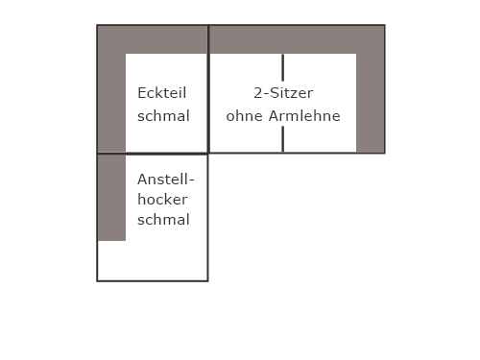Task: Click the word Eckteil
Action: [x=162, y=93]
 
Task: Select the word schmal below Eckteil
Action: [x=163, y=116]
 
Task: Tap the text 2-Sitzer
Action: [x=283, y=93]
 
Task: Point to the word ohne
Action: [x=245, y=116]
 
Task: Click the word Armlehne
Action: [x=304, y=116]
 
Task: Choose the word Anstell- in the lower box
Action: [x=166, y=180]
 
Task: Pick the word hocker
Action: [x=162, y=200]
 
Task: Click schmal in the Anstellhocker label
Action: [x=163, y=220]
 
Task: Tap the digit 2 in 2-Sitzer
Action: [x=258, y=93]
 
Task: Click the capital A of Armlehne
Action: [x=274, y=116]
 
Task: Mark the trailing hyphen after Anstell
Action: [x=191, y=180]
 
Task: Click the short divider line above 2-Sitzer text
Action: [x=283, y=67]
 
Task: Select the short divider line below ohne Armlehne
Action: [x=283, y=139]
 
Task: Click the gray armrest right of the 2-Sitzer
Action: [x=371, y=103]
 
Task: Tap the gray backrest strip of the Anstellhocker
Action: [x=111, y=198]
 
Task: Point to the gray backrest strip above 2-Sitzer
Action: [x=297, y=39]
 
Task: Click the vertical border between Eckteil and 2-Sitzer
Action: [x=208, y=89]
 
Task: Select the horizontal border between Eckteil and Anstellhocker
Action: [x=153, y=154]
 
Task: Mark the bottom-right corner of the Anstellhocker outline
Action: [x=208, y=281]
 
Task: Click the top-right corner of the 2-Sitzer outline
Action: [x=385, y=25]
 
